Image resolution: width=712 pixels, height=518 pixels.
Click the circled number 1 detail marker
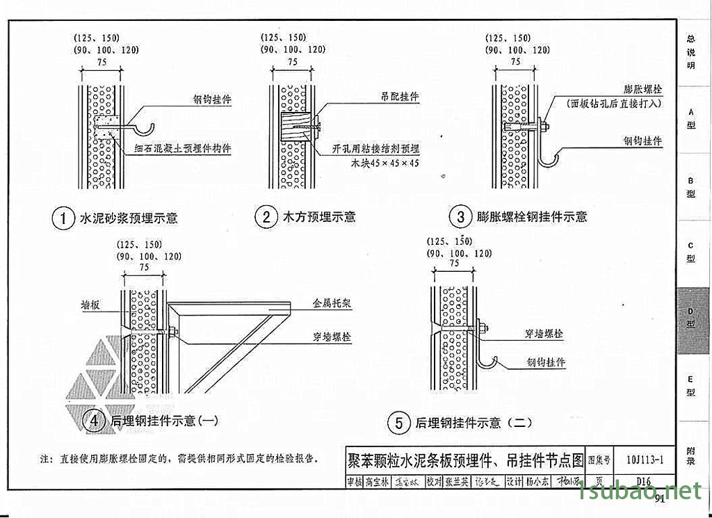[x=63, y=218]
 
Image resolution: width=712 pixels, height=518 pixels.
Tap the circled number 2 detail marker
[x=266, y=217]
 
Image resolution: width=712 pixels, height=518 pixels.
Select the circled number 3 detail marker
[x=460, y=217]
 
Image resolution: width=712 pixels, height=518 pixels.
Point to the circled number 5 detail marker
[x=398, y=422]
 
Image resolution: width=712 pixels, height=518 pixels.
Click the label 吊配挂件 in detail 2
[x=399, y=97]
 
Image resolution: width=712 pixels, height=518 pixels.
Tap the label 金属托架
[x=332, y=304]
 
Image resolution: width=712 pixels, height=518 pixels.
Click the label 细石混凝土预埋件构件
[x=184, y=148]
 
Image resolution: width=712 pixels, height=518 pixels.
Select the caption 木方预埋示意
[x=319, y=217]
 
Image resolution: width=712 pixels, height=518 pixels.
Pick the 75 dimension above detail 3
[x=515, y=61]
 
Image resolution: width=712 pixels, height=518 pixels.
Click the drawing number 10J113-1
[x=645, y=459]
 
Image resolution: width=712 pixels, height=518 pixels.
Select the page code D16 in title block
[x=642, y=481]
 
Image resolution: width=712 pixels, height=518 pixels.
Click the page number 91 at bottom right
[x=659, y=497]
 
